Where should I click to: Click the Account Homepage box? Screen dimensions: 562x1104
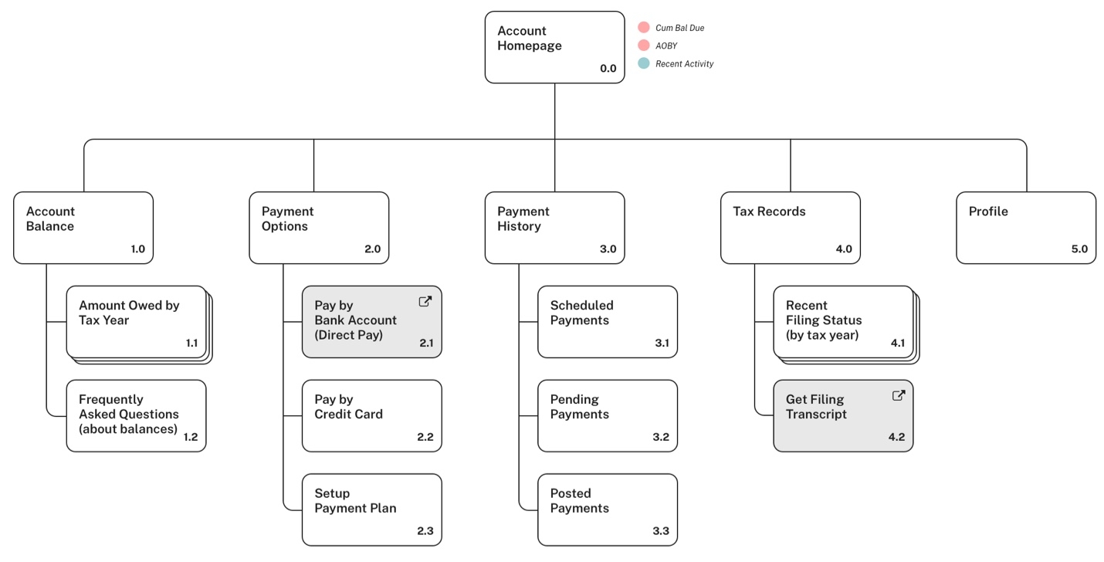click(x=554, y=47)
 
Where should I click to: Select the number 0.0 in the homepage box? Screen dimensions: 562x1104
click(x=608, y=69)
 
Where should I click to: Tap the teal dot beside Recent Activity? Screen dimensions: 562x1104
click(x=644, y=63)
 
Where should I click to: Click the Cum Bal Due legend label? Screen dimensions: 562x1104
click(x=679, y=28)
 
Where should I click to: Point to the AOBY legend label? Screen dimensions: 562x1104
click(x=666, y=46)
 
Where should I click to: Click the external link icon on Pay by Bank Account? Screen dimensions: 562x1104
click(x=425, y=302)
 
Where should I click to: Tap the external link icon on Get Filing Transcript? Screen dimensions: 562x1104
click(x=898, y=395)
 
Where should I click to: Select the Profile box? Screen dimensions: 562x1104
click(x=1025, y=228)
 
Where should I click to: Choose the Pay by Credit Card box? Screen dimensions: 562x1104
click(x=371, y=415)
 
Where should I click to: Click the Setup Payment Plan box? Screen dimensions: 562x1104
click(x=371, y=510)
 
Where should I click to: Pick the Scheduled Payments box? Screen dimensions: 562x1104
click(x=607, y=322)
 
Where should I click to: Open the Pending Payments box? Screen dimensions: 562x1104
click(x=607, y=415)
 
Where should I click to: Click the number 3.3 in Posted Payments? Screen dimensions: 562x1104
click(x=660, y=531)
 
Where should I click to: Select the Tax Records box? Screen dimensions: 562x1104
click(x=790, y=228)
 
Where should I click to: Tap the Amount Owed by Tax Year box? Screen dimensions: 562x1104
click(x=136, y=322)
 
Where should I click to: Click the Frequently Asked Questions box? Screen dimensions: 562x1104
click(x=136, y=415)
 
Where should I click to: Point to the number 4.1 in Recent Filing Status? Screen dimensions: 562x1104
click(x=897, y=344)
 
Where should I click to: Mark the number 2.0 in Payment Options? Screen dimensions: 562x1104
click(x=372, y=249)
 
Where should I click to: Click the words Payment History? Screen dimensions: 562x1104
click(x=523, y=219)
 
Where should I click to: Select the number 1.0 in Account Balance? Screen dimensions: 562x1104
click(x=137, y=249)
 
